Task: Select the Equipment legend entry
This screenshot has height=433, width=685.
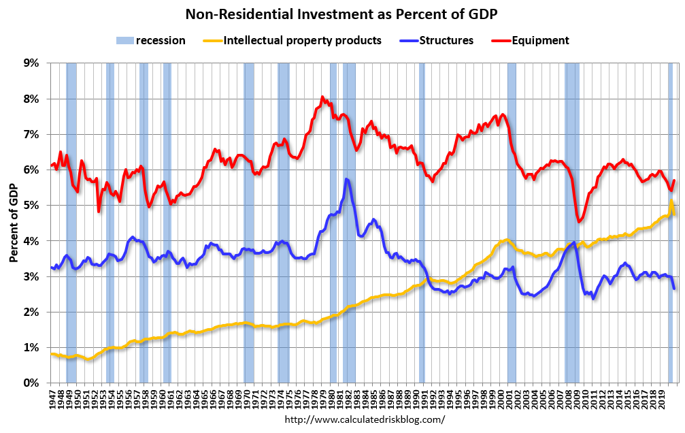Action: [x=539, y=41]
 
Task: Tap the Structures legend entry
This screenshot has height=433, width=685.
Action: [x=446, y=41]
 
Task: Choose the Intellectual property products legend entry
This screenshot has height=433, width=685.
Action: [x=303, y=41]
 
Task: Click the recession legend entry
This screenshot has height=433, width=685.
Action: [x=161, y=41]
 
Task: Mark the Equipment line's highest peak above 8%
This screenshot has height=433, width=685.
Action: [x=322, y=97]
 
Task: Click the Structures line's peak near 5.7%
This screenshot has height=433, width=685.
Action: [x=346, y=179]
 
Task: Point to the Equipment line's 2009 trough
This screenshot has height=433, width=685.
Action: [x=579, y=221]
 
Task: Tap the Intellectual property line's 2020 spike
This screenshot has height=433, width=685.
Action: [x=671, y=202]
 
